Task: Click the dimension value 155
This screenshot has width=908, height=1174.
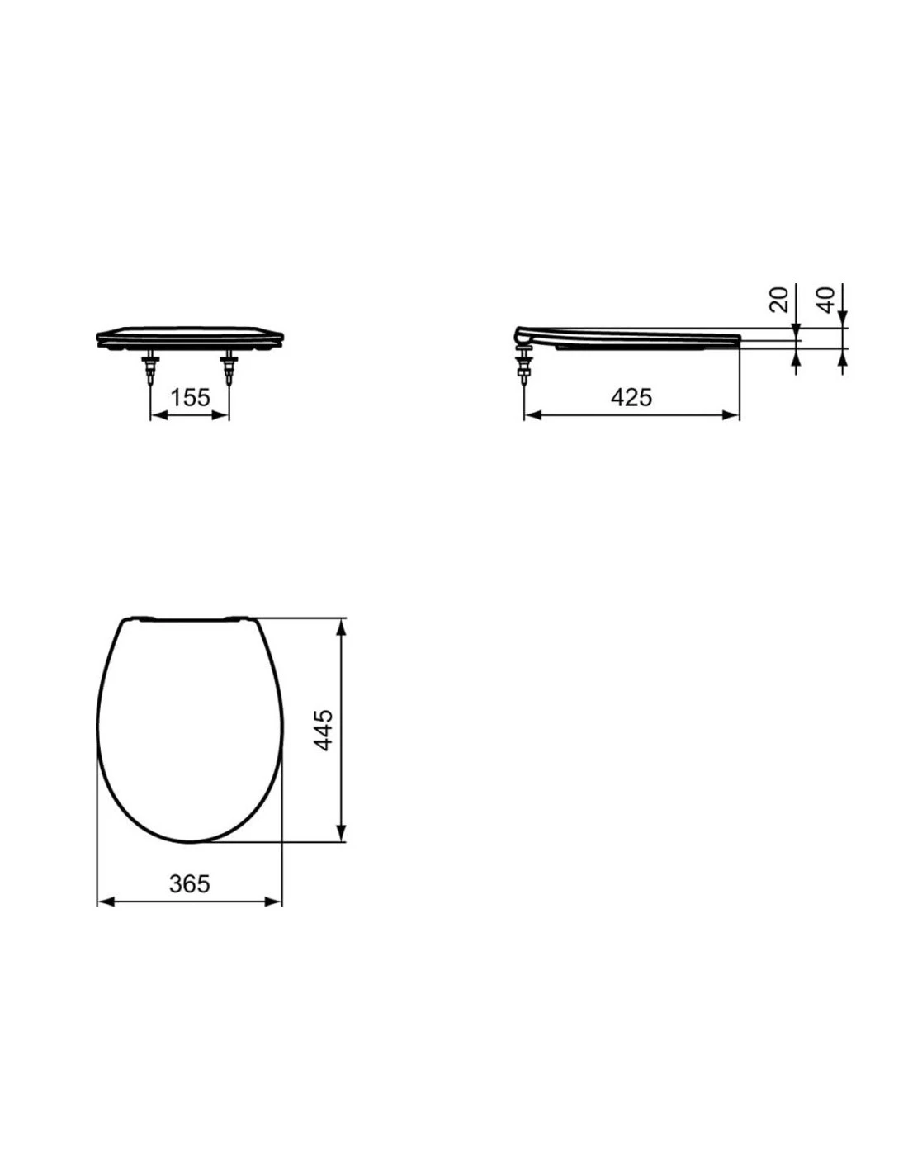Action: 189,398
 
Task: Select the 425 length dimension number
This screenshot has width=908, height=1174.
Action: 631,397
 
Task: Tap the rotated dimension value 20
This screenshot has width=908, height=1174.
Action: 778,299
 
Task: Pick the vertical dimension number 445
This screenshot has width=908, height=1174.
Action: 324,729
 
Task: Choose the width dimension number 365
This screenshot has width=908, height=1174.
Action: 189,883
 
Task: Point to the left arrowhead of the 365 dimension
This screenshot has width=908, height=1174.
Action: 105,902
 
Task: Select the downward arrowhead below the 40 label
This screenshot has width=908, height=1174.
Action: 843,320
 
